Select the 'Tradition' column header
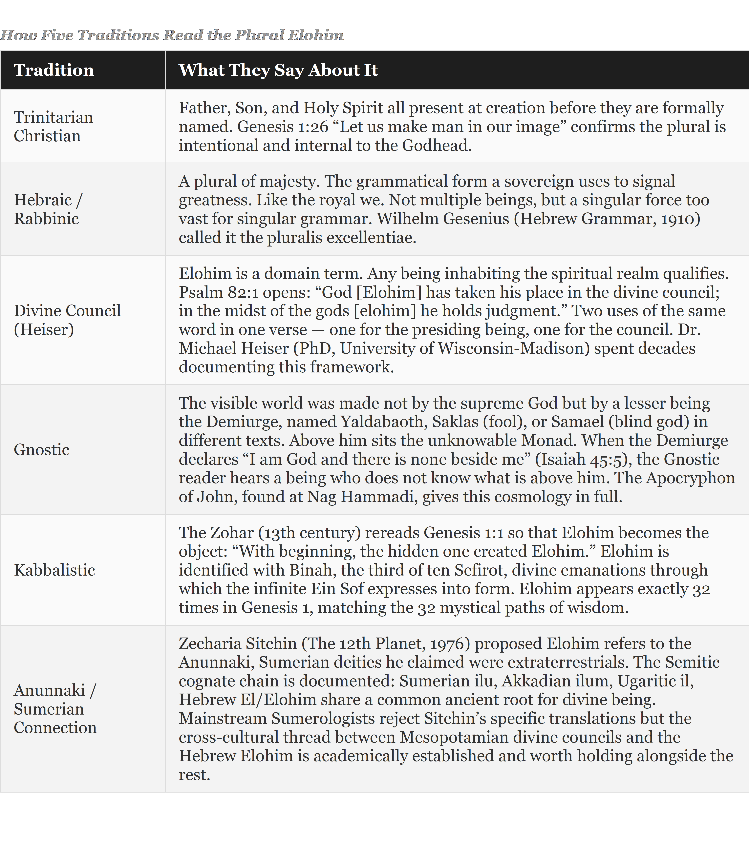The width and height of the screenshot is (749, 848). coord(54,70)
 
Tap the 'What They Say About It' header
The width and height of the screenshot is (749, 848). coord(278,70)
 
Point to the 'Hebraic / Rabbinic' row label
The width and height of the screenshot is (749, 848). coord(48,209)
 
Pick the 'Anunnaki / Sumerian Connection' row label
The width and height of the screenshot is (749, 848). coord(55,709)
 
